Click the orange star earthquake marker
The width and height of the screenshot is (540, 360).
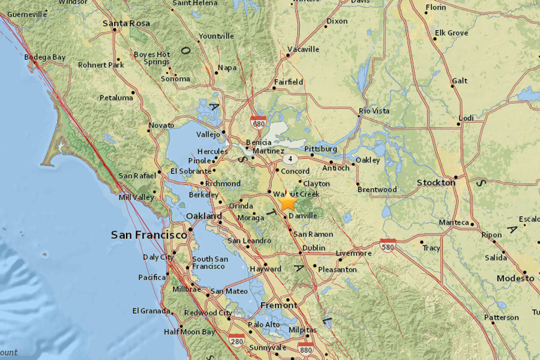288,201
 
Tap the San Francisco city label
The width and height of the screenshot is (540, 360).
149,235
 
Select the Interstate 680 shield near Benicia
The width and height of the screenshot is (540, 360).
259,122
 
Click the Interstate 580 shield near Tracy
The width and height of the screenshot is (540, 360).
387,244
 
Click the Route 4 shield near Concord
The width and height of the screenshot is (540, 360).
290,159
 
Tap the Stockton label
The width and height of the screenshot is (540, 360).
436,182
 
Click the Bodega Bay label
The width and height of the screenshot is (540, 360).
44,57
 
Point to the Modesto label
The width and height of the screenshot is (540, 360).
515,278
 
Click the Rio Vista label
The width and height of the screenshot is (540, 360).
374,111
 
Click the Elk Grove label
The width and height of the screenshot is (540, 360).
451,33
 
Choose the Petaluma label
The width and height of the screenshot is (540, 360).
116,97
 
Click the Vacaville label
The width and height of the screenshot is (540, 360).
303,49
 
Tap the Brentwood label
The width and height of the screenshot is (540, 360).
377,190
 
